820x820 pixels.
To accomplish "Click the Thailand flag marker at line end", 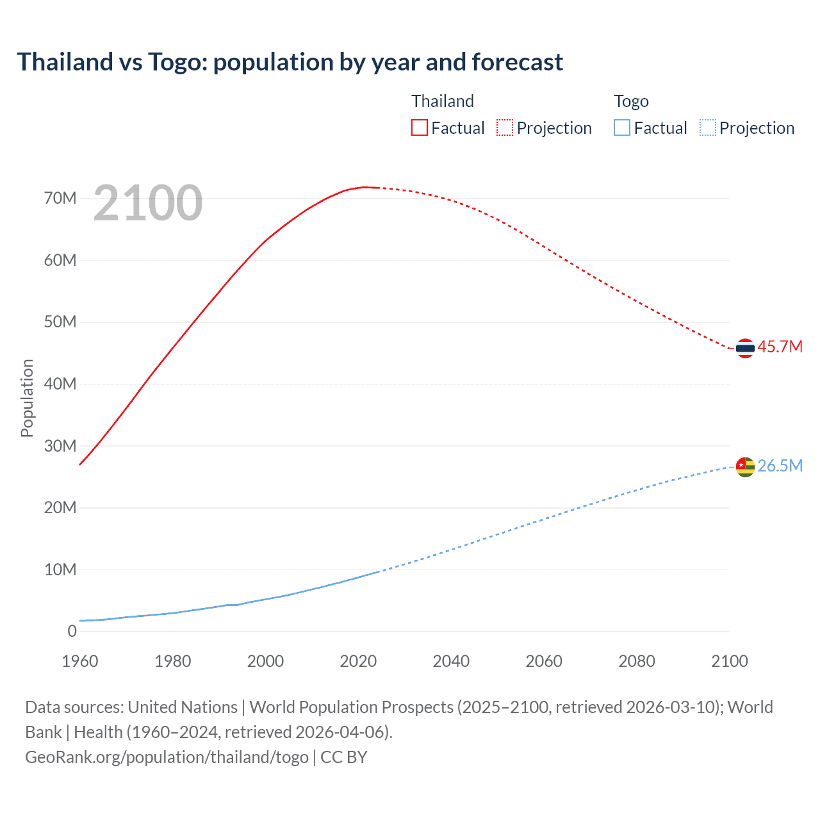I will pos(745,348).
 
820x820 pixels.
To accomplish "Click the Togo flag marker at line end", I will pos(745,467).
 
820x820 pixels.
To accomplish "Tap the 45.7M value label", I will pos(780,347).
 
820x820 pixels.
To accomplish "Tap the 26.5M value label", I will pos(780,466).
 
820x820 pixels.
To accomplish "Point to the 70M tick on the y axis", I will pos(60,198).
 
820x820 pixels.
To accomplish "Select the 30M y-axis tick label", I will pos(60,446).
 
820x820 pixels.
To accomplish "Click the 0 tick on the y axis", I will pos(72,631).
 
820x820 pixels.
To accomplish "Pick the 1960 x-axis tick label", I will pos(80,661).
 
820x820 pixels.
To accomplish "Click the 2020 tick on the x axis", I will pos(358,661).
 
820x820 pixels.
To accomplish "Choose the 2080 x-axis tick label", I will pos(637,661).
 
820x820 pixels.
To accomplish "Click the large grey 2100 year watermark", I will pos(148,203).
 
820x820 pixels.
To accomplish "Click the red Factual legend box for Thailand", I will pos(420,127).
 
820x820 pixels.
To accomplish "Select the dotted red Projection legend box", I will pos(505,127).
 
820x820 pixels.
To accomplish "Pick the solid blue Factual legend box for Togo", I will pos(622,127).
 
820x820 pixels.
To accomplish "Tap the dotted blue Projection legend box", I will pos(708,127).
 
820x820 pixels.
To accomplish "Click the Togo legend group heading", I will pos(631,101).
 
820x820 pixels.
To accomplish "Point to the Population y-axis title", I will pos(27,398).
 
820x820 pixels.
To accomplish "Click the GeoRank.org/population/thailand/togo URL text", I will pos(167,757).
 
